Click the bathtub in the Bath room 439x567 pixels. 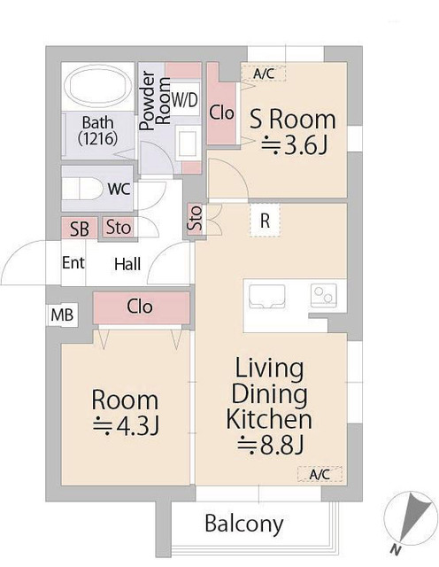[x=97, y=87]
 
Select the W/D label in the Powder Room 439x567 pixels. [x=185, y=99]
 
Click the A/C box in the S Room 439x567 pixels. [x=264, y=74]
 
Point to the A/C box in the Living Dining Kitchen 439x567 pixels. [x=320, y=474]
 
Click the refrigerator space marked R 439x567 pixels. [x=265, y=221]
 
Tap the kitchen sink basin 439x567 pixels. [x=267, y=297]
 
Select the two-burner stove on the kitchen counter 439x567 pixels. [x=324, y=295]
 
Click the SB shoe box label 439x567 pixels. [x=80, y=229]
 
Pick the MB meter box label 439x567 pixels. [x=62, y=315]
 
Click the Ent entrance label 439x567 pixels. [x=73, y=262]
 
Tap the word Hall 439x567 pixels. [x=127, y=264]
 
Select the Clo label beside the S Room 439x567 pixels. [x=221, y=113]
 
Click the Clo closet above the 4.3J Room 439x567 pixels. [x=142, y=308]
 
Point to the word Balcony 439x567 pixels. [x=244, y=524]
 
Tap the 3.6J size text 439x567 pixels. [x=294, y=146]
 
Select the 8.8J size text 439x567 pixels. [x=270, y=445]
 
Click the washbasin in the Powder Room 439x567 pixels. [x=187, y=144]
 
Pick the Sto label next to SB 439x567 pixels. [x=118, y=228]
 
